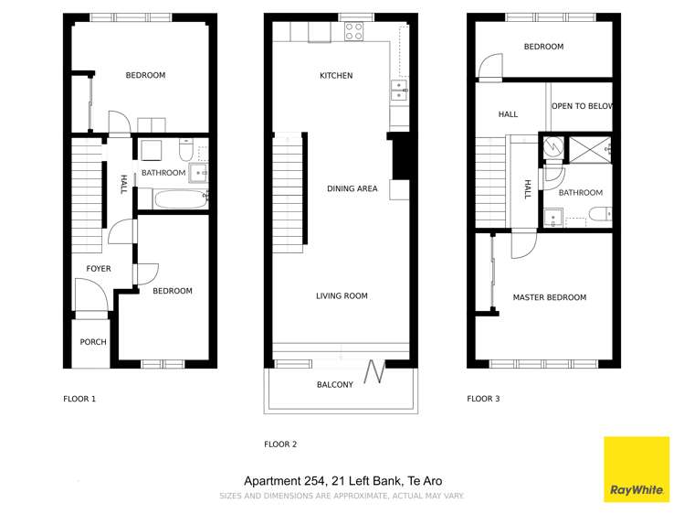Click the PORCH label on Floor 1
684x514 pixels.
[93, 342]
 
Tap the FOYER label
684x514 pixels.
[99, 269]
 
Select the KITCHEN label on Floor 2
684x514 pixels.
[335, 76]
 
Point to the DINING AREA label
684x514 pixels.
[352, 189]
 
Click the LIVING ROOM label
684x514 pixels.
[342, 295]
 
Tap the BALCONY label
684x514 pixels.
[335, 385]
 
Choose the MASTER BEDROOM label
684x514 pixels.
[549, 297]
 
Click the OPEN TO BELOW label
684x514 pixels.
[581, 107]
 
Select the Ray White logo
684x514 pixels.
[637, 470]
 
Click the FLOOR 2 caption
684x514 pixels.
[280, 444]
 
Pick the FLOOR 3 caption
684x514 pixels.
[483, 399]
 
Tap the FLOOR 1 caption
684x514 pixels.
[79, 399]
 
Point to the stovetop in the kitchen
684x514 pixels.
[353, 32]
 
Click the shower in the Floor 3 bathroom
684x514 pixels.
[588, 147]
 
